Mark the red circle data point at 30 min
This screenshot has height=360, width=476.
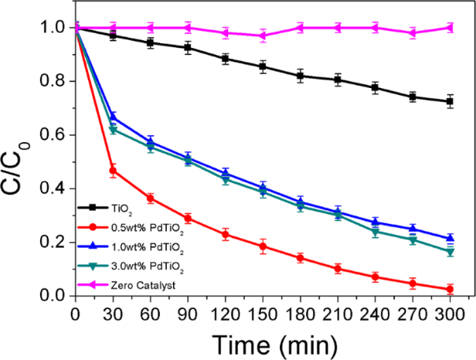pos(113,170)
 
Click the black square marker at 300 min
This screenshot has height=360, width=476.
pos(450,101)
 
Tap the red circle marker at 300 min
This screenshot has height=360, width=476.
pos(450,289)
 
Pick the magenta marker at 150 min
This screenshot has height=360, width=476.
pos(263,35)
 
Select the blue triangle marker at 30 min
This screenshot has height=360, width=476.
pos(113,118)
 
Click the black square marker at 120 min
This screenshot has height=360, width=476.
pos(225,58)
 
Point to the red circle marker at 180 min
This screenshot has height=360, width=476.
pos(300,258)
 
